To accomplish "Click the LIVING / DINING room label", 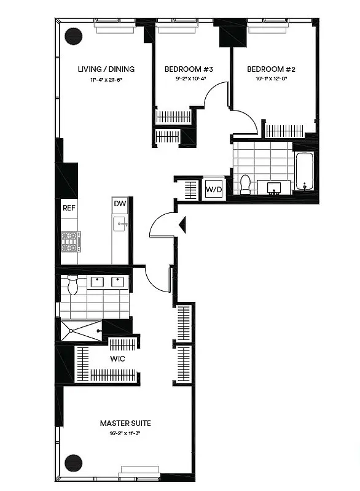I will tap(106, 69).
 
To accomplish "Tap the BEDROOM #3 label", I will tap(184, 69).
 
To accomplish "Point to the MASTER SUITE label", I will tap(125, 423).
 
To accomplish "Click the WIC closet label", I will tap(118, 358).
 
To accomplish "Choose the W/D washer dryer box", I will tap(214, 189).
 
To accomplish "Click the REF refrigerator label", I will tap(69, 208).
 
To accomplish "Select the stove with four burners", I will tap(71, 241).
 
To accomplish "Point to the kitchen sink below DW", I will tap(120, 225).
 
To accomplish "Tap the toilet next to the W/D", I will tap(245, 184).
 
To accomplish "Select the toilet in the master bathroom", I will tap(72, 284).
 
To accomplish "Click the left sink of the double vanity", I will tap(97, 282).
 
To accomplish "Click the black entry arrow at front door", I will tap(181, 225).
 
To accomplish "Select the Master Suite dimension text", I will tap(125, 433).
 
